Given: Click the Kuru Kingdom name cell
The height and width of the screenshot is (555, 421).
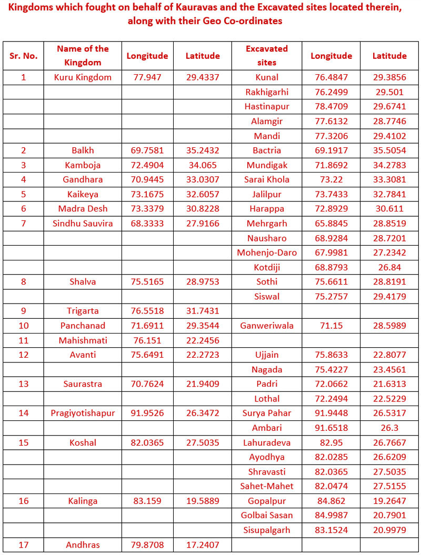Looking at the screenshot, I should pyautogui.click(x=83, y=77).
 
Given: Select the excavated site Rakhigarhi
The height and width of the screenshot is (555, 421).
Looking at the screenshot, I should pyautogui.click(x=267, y=92).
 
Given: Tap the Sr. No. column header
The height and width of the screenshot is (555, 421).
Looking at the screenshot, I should pyautogui.click(x=23, y=56).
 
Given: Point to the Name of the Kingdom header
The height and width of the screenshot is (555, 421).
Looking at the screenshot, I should pyautogui.click(x=83, y=55).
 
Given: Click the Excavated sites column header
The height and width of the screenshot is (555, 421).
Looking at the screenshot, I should pyautogui.click(x=267, y=55).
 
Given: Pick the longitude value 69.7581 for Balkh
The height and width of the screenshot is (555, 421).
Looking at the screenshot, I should pyautogui.click(x=147, y=150).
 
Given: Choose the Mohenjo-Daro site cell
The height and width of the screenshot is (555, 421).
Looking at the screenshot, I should pyautogui.click(x=267, y=253).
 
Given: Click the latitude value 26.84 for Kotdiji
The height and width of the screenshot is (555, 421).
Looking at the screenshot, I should pyautogui.click(x=389, y=267).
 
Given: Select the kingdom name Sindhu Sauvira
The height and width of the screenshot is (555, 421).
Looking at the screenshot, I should pyautogui.click(x=83, y=224).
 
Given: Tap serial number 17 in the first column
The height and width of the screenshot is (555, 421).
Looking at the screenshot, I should pyautogui.click(x=23, y=545).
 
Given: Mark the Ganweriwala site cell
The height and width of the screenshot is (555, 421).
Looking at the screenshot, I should pyautogui.click(x=267, y=326).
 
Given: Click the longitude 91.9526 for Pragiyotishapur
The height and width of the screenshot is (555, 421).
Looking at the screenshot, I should pyautogui.click(x=147, y=413).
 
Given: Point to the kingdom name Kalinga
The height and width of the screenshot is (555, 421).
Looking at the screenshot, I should pyautogui.click(x=83, y=501).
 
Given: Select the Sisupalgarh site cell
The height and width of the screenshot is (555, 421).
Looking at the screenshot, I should pyautogui.click(x=267, y=530).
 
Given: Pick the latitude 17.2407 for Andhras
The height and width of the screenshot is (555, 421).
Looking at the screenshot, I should pyautogui.click(x=203, y=545).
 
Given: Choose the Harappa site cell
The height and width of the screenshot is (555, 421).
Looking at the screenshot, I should pyautogui.click(x=267, y=209).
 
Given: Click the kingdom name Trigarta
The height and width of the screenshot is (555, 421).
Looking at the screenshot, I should pyautogui.click(x=83, y=311).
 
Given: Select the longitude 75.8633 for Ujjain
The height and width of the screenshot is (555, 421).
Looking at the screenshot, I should pyautogui.click(x=331, y=355).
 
